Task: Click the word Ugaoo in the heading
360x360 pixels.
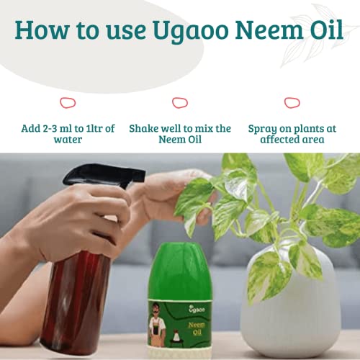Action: [190, 31]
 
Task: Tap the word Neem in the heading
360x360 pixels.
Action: [269, 30]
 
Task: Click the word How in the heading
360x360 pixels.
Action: [42, 30]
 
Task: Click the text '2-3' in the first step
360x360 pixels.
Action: [50, 128]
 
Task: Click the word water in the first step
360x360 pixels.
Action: [68, 140]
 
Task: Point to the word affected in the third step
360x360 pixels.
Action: [278, 139]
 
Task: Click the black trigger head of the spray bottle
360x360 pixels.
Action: [103, 174]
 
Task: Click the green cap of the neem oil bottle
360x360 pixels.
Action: [180, 271]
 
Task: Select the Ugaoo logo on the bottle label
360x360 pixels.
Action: [197, 309]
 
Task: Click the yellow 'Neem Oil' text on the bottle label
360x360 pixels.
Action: [197, 328]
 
